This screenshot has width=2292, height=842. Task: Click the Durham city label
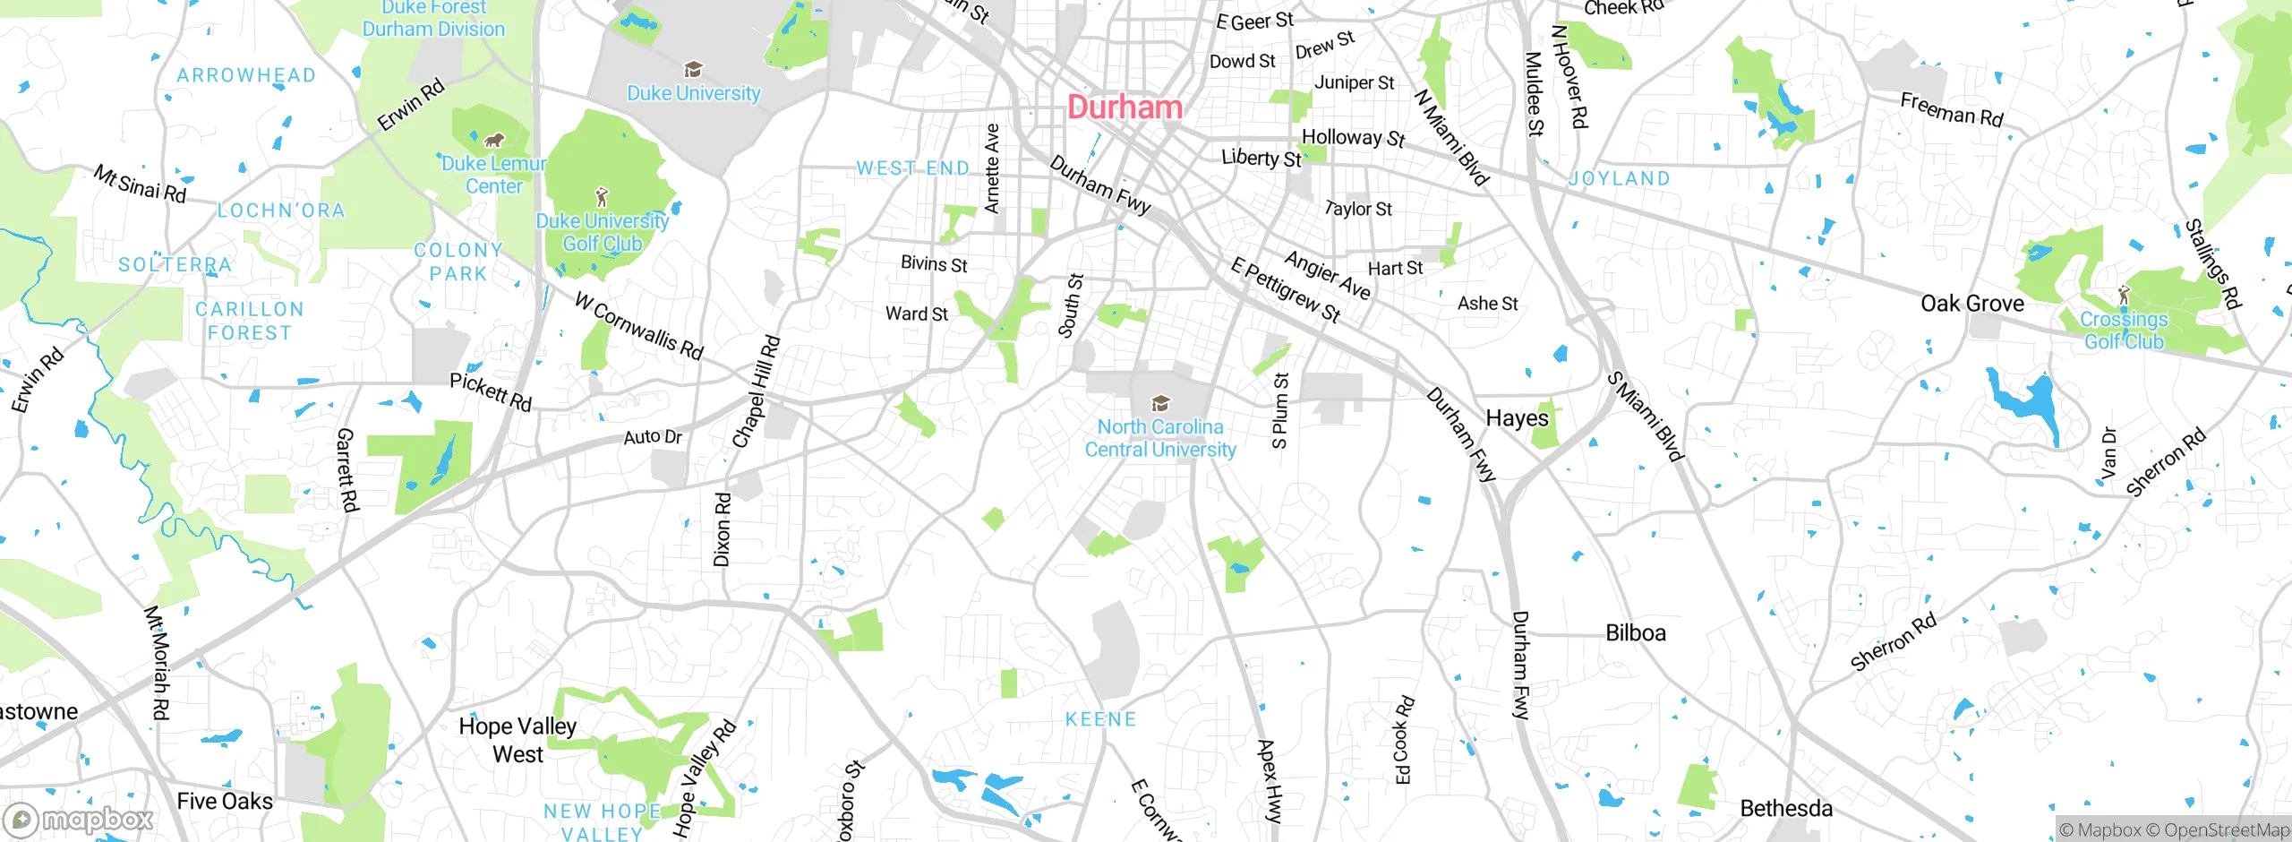(x=1125, y=107)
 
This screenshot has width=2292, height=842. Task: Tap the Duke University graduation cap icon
(x=692, y=70)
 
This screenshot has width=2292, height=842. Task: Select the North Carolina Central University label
(x=1160, y=438)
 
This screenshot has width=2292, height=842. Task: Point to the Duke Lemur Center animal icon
(x=493, y=141)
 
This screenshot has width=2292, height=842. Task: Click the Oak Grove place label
(x=1971, y=304)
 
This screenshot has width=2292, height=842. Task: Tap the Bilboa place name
(x=1635, y=633)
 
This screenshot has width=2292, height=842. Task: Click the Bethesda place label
(x=1785, y=809)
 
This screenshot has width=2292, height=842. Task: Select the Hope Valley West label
(x=517, y=740)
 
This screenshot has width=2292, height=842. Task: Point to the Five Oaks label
(x=225, y=801)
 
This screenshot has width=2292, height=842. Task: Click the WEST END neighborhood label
(x=912, y=168)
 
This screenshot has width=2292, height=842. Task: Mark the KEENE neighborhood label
(x=1100, y=719)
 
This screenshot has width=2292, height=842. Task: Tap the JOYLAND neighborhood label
(x=1619, y=179)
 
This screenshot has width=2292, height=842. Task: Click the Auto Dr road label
(x=653, y=437)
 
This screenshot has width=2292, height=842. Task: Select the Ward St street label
(x=916, y=314)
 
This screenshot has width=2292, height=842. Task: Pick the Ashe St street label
(x=1487, y=304)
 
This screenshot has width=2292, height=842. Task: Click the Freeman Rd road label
(x=1951, y=110)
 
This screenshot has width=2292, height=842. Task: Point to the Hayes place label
(x=1517, y=418)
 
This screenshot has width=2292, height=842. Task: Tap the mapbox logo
(x=79, y=820)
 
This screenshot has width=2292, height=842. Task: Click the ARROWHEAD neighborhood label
(x=246, y=75)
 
